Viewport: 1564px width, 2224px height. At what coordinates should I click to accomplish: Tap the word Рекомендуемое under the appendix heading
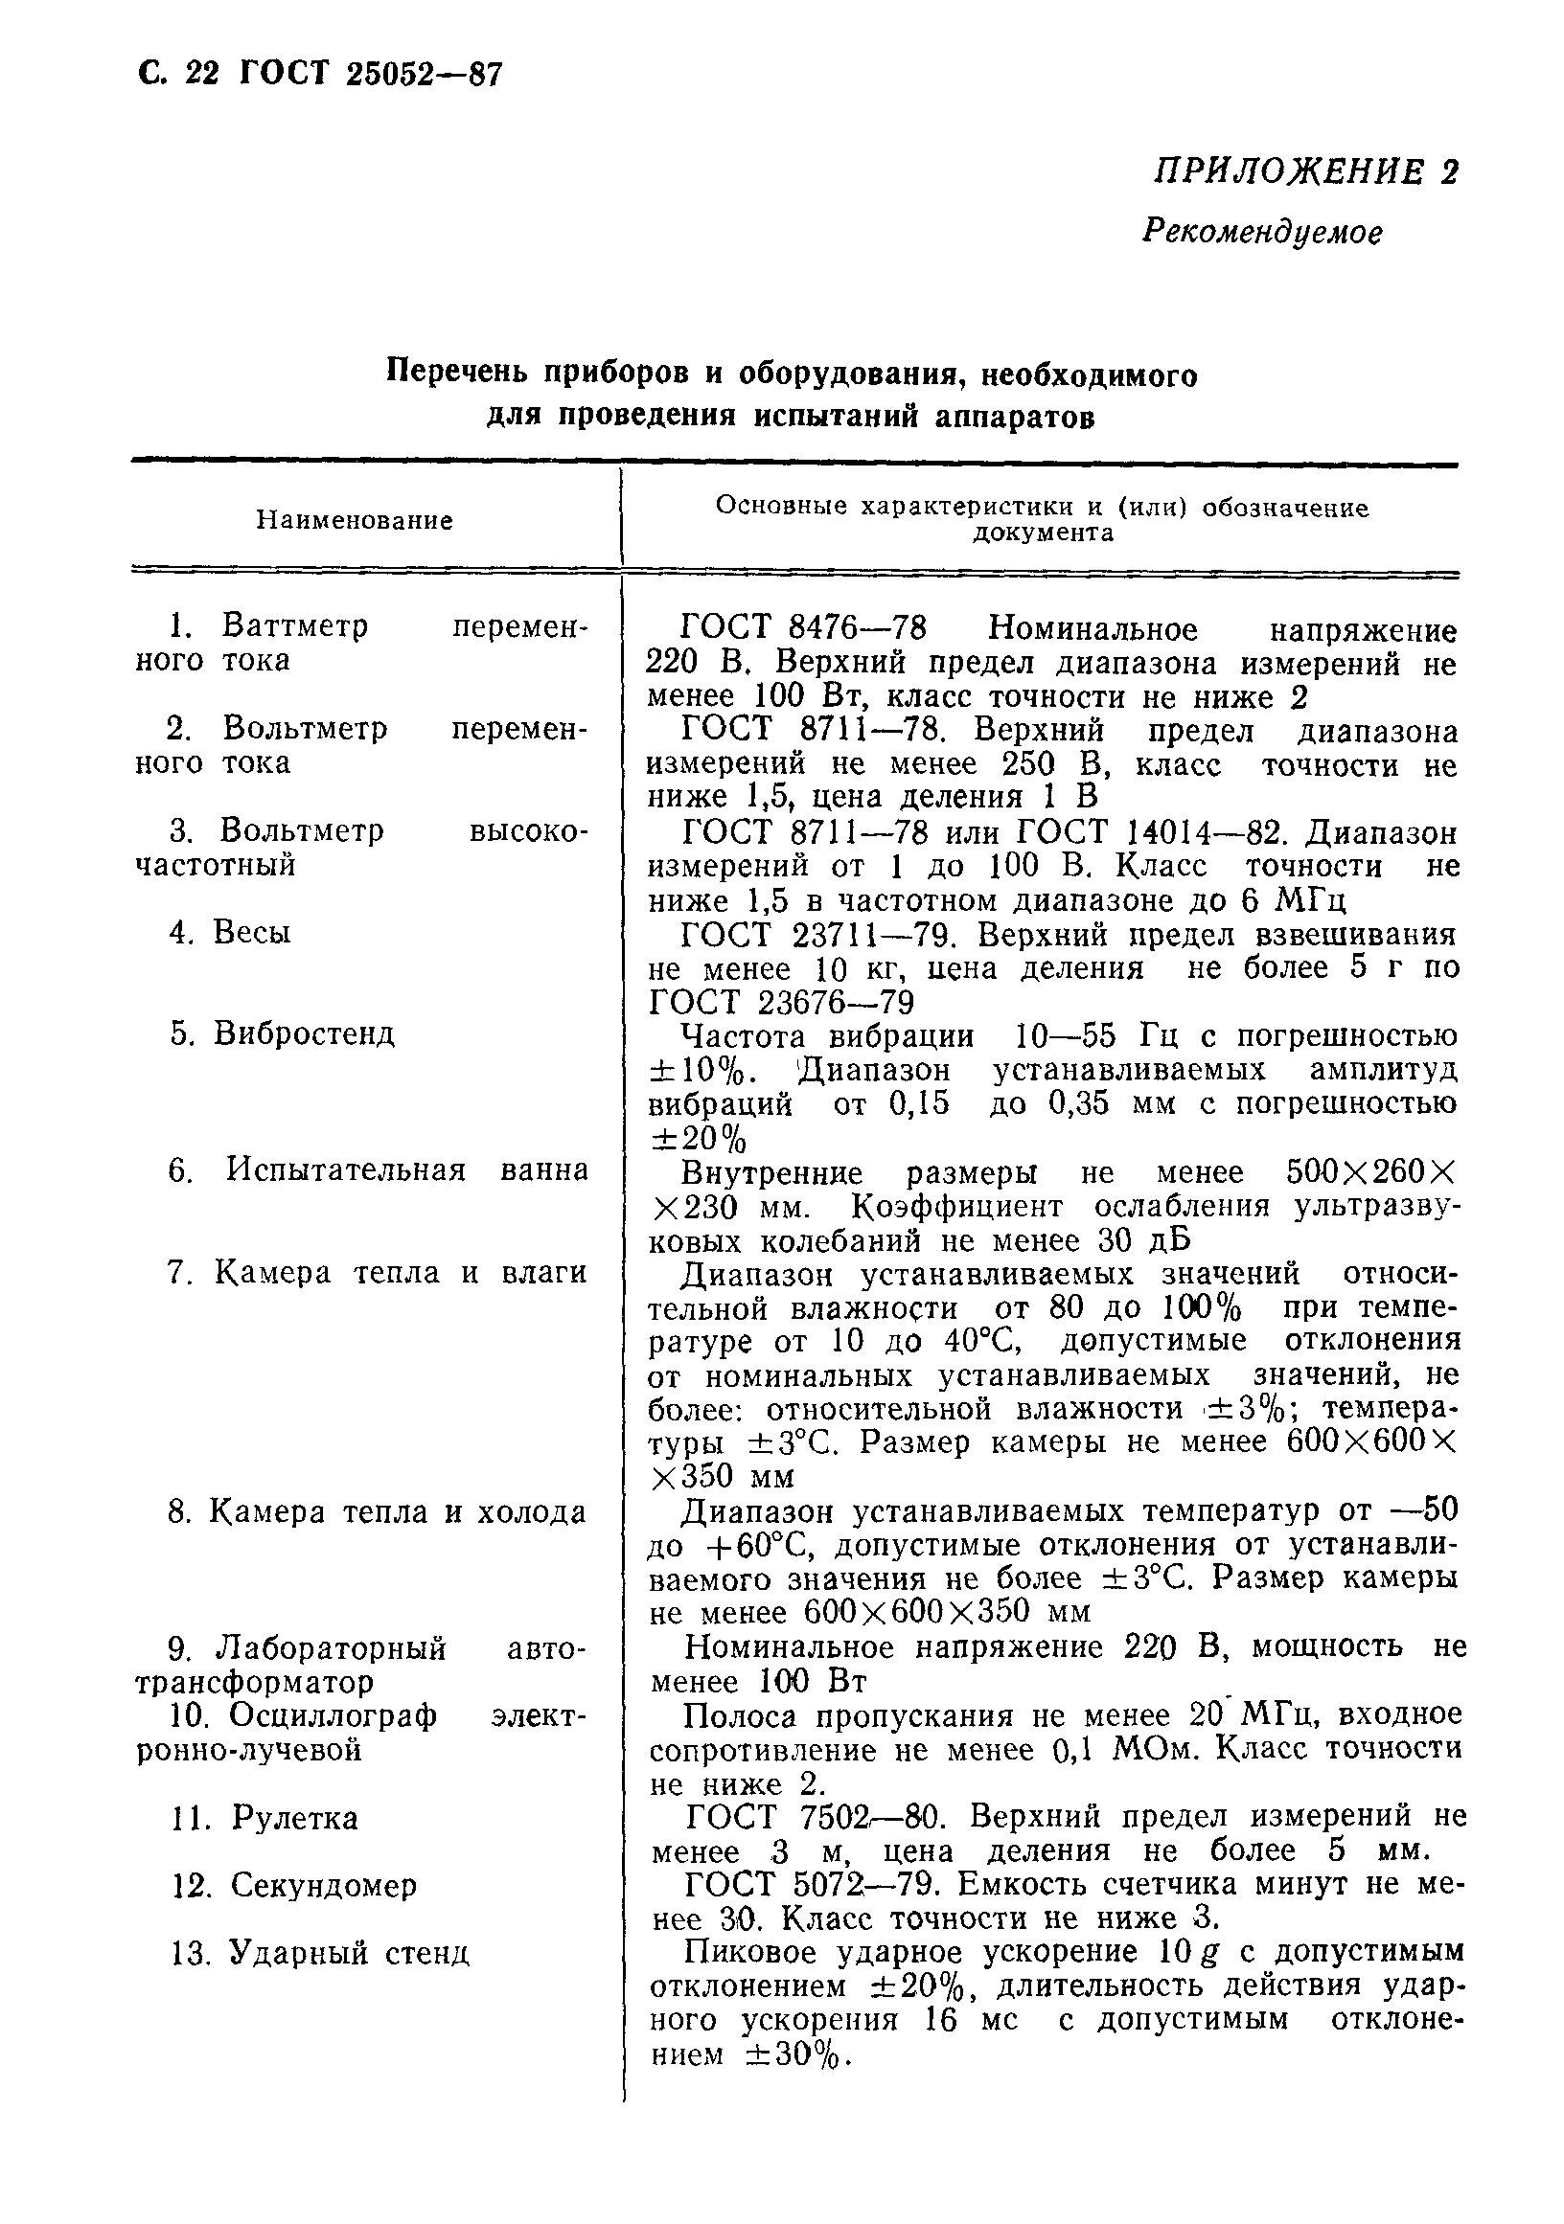coord(1262,232)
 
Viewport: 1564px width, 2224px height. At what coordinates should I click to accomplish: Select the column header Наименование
coord(355,521)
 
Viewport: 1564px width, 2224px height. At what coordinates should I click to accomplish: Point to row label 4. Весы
coord(230,932)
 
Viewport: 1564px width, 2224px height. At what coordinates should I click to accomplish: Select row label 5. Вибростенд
coord(282,1033)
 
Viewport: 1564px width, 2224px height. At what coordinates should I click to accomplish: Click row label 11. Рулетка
coord(264,1818)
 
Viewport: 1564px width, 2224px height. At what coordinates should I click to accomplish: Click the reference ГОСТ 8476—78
coord(803,628)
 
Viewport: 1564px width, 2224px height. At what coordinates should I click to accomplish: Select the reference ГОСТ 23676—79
coord(781,1001)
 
